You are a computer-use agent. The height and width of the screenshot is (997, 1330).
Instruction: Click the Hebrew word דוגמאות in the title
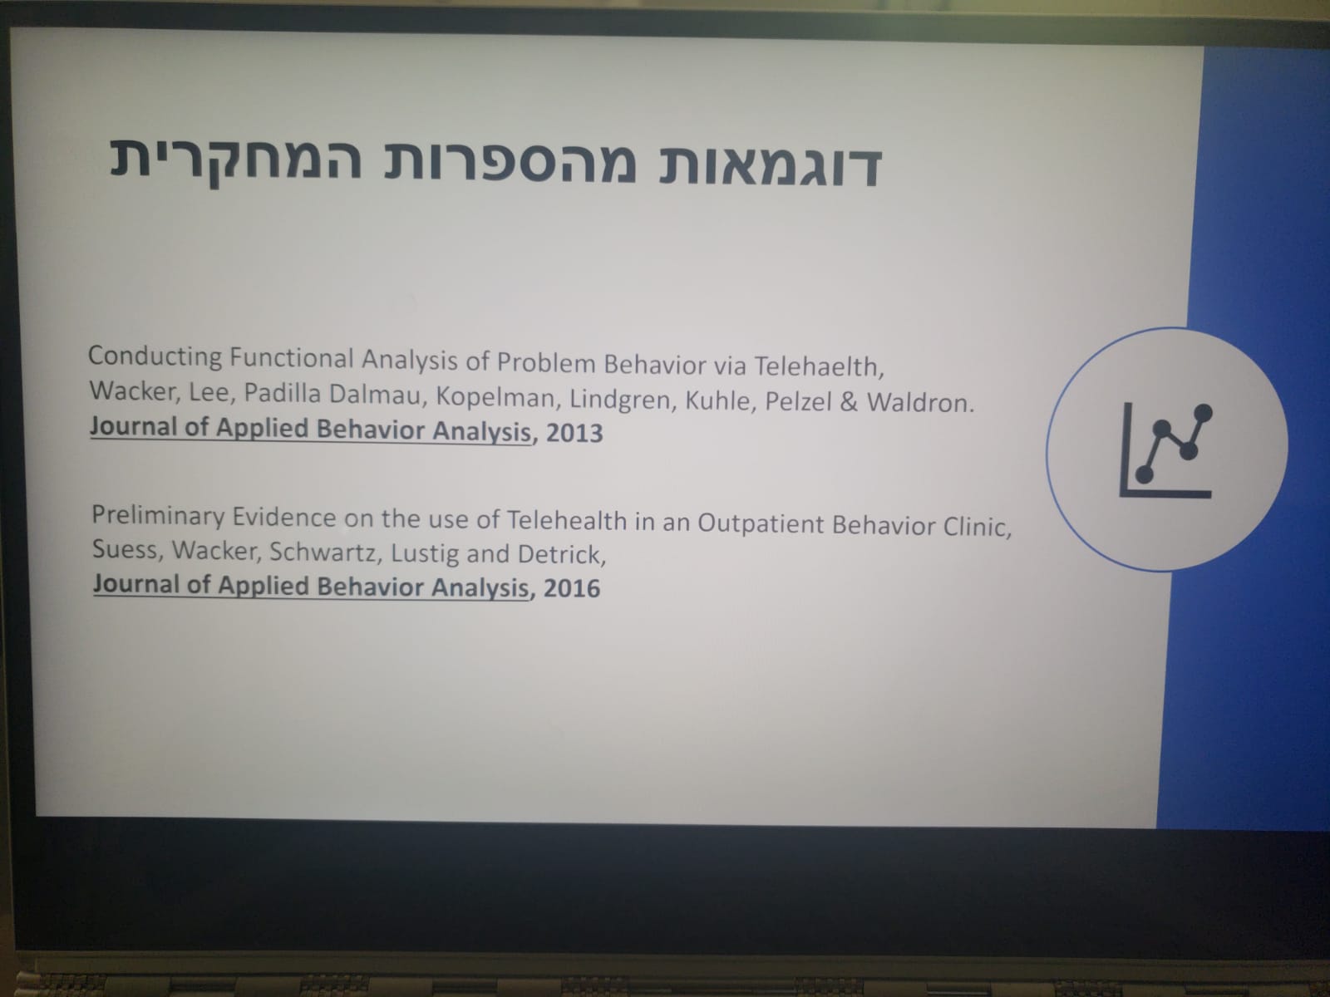pyautogui.click(x=770, y=166)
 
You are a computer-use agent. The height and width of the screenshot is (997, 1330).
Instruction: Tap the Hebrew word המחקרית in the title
pyautogui.click(x=236, y=160)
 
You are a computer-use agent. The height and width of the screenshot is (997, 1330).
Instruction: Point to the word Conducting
pyautogui.click(x=155, y=356)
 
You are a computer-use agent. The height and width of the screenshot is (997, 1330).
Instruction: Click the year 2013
pyautogui.click(x=574, y=433)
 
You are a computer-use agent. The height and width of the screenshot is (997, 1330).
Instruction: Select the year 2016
pyautogui.click(x=571, y=588)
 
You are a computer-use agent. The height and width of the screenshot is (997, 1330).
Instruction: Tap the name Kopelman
pyautogui.click(x=495, y=398)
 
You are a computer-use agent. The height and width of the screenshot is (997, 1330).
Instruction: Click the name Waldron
pyautogui.click(x=920, y=402)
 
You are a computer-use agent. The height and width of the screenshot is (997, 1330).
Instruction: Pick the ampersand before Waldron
pyautogui.click(x=849, y=402)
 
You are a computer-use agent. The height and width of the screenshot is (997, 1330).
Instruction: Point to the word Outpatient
pyautogui.click(x=761, y=523)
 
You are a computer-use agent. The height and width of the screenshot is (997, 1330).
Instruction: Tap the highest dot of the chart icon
pyautogui.click(x=1204, y=414)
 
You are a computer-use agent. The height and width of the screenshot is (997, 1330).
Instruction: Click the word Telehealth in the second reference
pyautogui.click(x=567, y=521)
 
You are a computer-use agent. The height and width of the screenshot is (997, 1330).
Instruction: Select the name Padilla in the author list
pyautogui.click(x=282, y=394)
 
